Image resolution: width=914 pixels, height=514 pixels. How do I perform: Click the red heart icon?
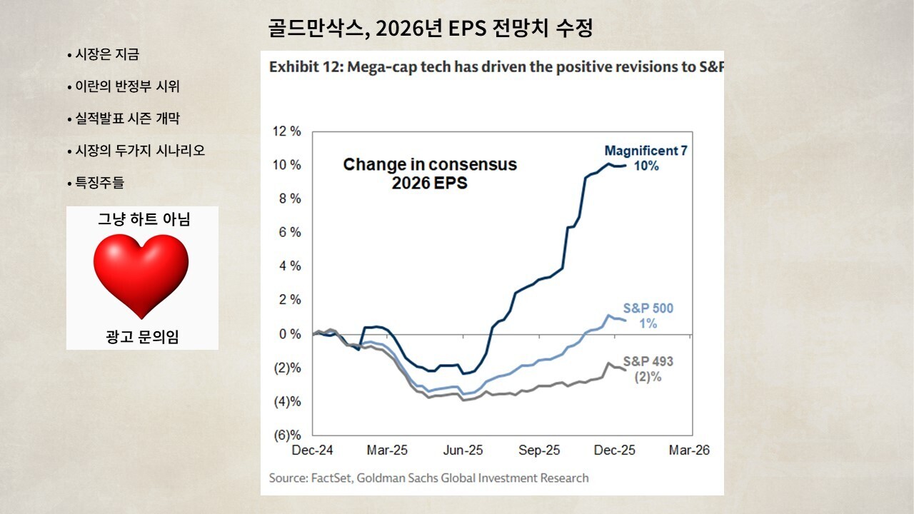pyautogui.click(x=141, y=276)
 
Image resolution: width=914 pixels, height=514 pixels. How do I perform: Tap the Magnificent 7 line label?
pyautogui.click(x=646, y=151)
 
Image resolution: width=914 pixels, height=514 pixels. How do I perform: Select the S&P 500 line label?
pyautogui.click(x=648, y=308)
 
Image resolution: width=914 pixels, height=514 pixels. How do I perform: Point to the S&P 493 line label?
pyautogui.click(x=648, y=361)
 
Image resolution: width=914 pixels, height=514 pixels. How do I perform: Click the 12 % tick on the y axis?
pyautogui.click(x=287, y=131)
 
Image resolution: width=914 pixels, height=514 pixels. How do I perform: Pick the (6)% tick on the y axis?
pyautogui.click(x=287, y=435)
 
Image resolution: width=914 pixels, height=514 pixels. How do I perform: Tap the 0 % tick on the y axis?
pyautogui.click(x=290, y=334)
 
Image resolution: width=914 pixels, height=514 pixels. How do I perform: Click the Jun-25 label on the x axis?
pyautogui.click(x=463, y=451)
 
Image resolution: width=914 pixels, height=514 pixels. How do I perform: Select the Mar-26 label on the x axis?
pyautogui.click(x=689, y=451)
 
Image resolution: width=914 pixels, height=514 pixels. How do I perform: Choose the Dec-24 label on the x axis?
pyautogui.click(x=313, y=451)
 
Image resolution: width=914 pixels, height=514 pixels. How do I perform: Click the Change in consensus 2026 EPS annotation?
pyautogui.click(x=430, y=173)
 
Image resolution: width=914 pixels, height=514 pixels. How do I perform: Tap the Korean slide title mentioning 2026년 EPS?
pyautogui.click(x=431, y=29)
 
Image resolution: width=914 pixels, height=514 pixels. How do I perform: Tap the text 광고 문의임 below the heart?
pyautogui.click(x=142, y=337)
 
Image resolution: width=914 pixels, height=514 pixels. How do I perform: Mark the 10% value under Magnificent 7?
pyautogui.click(x=646, y=166)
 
